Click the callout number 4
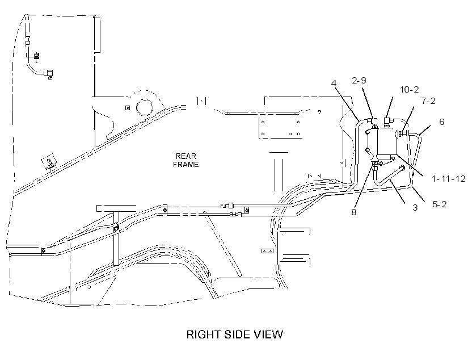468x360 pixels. tap(334, 83)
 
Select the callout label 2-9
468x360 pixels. tap(359, 81)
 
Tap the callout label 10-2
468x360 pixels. tap(410, 89)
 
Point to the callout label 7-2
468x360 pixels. tap(428, 101)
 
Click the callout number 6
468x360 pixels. tap(441, 122)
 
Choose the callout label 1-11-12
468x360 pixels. tap(449, 179)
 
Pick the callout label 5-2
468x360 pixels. tap(440, 204)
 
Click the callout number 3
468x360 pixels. tap(415, 208)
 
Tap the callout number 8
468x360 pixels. tap(353, 212)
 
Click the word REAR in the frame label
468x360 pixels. tap(186, 156)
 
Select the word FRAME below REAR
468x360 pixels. tap(185, 164)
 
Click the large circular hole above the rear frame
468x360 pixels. tap(145, 107)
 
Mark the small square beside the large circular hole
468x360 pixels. tap(128, 108)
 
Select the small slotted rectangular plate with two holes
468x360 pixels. tap(267, 251)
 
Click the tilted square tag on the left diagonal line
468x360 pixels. tap(49, 162)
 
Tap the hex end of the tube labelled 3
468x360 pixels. tap(402, 168)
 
